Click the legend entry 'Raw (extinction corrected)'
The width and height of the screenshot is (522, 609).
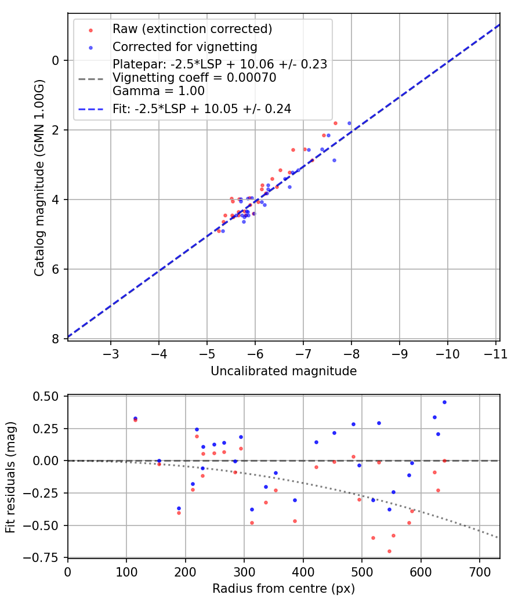click(x=192, y=29)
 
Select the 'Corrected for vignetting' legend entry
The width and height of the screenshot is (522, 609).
click(x=184, y=46)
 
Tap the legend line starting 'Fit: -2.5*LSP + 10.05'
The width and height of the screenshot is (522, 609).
click(x=201, y=108)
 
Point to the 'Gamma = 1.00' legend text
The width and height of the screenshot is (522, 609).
click(x=158, y=90)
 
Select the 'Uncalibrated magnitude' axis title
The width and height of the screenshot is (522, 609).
click(x=283, y=371)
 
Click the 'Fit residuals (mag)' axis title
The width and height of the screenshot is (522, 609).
click(x=11, y=477)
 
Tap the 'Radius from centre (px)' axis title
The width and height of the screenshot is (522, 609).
click(x=283, y=589)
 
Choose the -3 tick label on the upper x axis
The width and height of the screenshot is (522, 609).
click(x=111, y=353)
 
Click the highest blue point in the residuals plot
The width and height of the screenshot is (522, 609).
click(x=444, y=402)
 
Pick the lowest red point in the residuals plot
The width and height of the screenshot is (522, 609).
click(x=389, y=551)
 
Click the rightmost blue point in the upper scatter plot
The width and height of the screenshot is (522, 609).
click(x=349, y=123)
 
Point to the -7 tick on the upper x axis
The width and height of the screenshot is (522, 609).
click(x=303, y=353)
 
